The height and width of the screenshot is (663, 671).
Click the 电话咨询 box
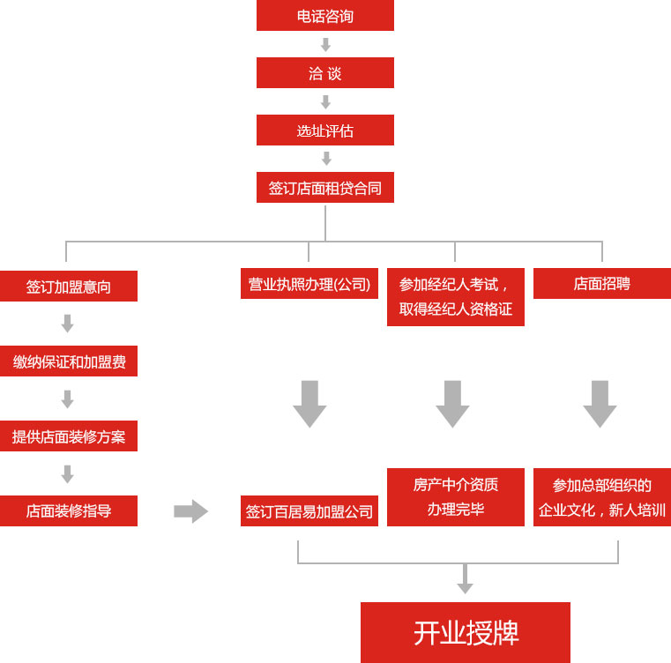(324, 16)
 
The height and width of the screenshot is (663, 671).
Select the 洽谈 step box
(324, 73)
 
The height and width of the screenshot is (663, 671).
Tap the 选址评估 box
(324, 130)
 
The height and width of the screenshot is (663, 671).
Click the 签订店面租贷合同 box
(324, 188)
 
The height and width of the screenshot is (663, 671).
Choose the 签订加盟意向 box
(69, 287)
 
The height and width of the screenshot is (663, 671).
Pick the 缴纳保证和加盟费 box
(69, 361)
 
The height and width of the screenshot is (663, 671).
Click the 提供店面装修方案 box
(69, 436)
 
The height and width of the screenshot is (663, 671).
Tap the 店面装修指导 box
(69, 511)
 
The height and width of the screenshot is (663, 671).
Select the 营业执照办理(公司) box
(309, 284)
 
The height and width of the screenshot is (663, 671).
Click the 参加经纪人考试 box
(455, 297)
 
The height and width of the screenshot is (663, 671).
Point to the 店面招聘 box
(601, 284)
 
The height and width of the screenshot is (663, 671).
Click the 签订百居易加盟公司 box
(309, 511)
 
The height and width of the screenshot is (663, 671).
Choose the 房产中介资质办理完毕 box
(455, 497)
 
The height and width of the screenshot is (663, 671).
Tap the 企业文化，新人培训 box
(601, 497)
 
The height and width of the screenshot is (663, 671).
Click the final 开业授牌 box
(465, 632)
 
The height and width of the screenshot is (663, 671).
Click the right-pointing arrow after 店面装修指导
(190, 511)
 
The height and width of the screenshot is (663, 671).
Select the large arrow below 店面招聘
(600, 404)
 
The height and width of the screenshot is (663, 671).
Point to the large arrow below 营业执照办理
(309, 404)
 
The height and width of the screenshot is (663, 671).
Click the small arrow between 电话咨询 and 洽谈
(325, 44)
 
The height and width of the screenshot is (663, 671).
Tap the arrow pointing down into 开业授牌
(465, 580)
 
